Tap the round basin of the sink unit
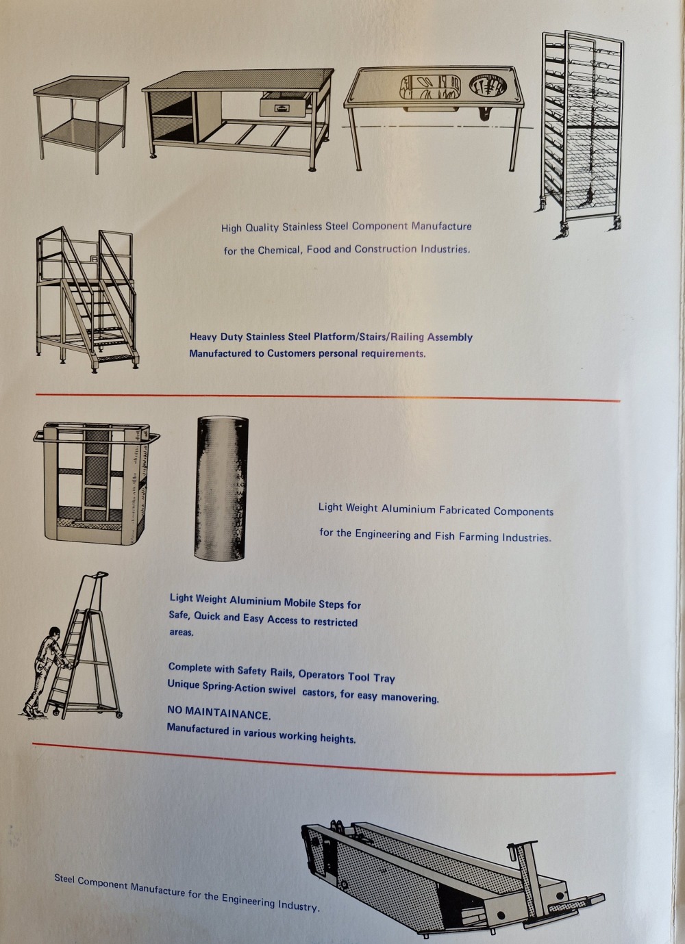click(x=488, y=86)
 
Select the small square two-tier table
click(x=82, y=124)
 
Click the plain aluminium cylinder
click(x=221, y=489)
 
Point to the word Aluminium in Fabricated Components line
click(x=408, y=509)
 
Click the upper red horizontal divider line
click(x=327, y=398)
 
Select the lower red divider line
click(x=324, y=760)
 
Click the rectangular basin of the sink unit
click(x=430, y=87)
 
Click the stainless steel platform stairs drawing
click(x=88, y=300)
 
